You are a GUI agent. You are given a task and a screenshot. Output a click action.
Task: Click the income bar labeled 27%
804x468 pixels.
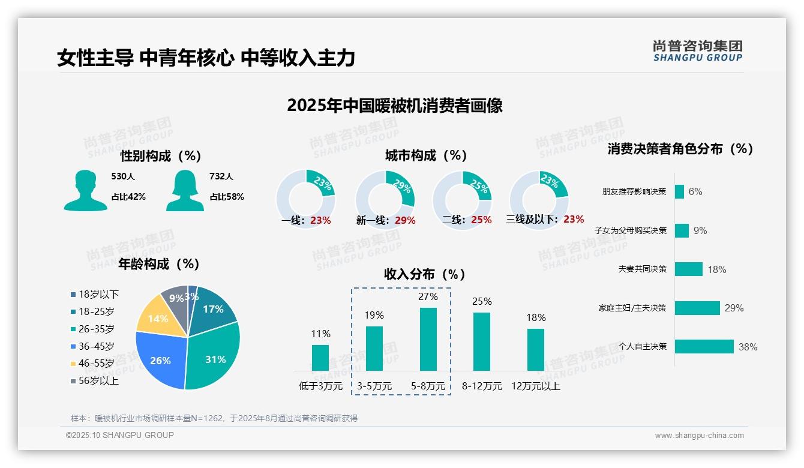(428, 339)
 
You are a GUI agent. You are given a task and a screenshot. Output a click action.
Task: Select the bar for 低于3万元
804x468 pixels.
(320, 358)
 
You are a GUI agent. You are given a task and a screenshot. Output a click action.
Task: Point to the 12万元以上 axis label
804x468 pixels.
(536, 386)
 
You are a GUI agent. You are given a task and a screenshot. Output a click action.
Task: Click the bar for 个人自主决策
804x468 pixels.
(704, 347)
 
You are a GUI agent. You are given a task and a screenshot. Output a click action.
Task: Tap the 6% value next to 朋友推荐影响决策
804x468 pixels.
(695, 191)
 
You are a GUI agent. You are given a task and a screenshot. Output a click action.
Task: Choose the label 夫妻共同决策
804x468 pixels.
(642, 269)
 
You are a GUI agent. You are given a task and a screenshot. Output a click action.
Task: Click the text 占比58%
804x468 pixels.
(227, 197)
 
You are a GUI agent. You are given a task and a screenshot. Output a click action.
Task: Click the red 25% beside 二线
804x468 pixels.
(481, 220)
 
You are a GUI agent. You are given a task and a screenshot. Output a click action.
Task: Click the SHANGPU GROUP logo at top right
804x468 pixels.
(698, 51)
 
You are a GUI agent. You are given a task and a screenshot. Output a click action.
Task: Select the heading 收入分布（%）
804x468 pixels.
(425, 274)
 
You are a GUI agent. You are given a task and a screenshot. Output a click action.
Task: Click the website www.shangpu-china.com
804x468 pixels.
(699, 436)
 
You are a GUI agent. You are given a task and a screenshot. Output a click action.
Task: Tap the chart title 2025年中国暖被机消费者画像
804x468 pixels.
(394, 106)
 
